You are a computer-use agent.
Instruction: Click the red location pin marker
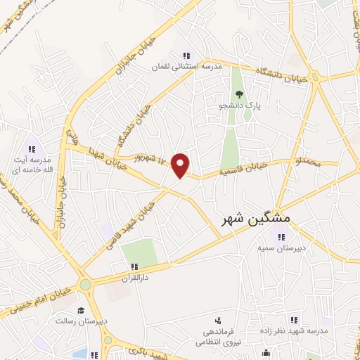[x=181, y=165]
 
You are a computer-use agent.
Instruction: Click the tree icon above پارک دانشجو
[x=239, y=94]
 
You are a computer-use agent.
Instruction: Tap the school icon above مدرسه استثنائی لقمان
[x=186, y=56]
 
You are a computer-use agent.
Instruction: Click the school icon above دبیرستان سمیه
[x=283, y=237]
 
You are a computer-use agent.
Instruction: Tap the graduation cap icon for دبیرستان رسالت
[x=81, y=310]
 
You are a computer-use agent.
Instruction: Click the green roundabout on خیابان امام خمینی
[x=86, y=285]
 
